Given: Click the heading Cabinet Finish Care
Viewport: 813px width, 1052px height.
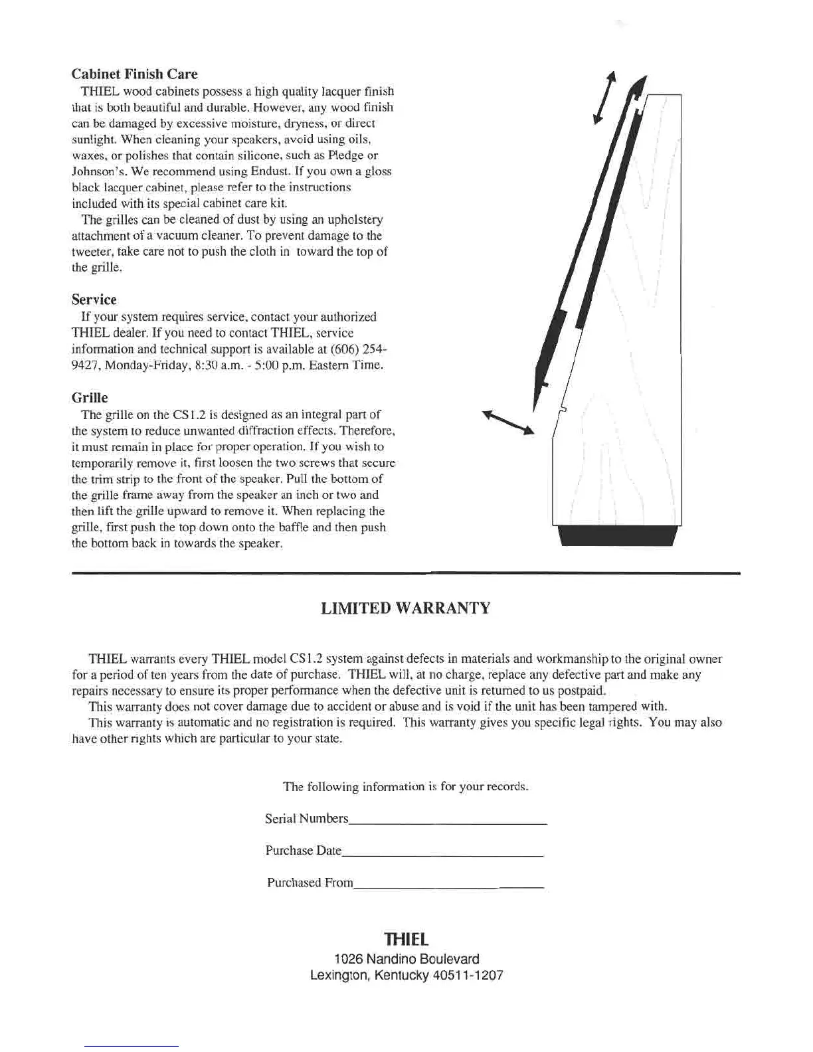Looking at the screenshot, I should click(x=134, y=74).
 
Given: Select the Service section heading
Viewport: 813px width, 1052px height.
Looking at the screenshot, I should click(x=94, y=300).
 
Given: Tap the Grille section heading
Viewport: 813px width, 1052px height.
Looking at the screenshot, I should click(x=90, y=398).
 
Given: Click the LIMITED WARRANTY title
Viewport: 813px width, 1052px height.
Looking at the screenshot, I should click(x=405, y=608).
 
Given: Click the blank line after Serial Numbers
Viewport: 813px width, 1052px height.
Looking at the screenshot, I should click(x=447, y=824).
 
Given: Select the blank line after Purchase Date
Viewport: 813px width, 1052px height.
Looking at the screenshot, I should click(x=442, y=855).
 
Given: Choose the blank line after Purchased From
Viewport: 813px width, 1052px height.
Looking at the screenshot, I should click(x=449, y=887).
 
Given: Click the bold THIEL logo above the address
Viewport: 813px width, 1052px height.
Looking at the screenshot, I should click(x=406, y=939).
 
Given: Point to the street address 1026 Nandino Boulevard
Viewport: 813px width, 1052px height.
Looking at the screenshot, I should click(x=406, y=959).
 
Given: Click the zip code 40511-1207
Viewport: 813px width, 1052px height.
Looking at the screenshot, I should click(x=470, y=976).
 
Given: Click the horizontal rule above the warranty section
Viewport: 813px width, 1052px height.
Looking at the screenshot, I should click(x=405, y=572).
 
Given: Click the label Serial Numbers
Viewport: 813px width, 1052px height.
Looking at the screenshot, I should click(x=306, y=819).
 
